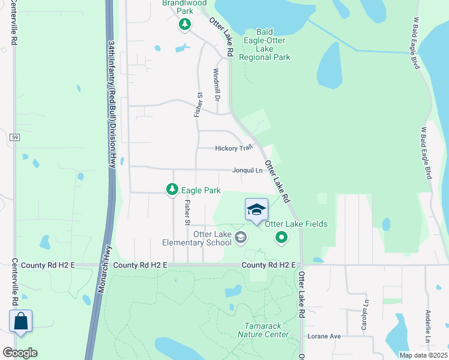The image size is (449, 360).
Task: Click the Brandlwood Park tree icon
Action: tap(185, 25)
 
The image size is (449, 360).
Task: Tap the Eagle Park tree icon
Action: tap(172, 190)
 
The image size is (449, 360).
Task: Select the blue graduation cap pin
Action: tap(256, 209)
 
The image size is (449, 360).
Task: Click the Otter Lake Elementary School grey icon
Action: tap(241, 238)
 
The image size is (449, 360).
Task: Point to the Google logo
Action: tap(20, 352)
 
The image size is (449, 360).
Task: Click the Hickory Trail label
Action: tap(234, 148)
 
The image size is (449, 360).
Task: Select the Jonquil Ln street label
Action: tap(248, 170)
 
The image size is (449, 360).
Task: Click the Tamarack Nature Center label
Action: tap(263, 330)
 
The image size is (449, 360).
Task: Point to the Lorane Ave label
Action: tap(324, 337)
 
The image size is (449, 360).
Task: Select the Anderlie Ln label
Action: tap(427, 326)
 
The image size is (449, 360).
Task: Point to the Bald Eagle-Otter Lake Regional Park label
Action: tap(265, 44)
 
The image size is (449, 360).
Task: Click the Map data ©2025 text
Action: tap(423, 355)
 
